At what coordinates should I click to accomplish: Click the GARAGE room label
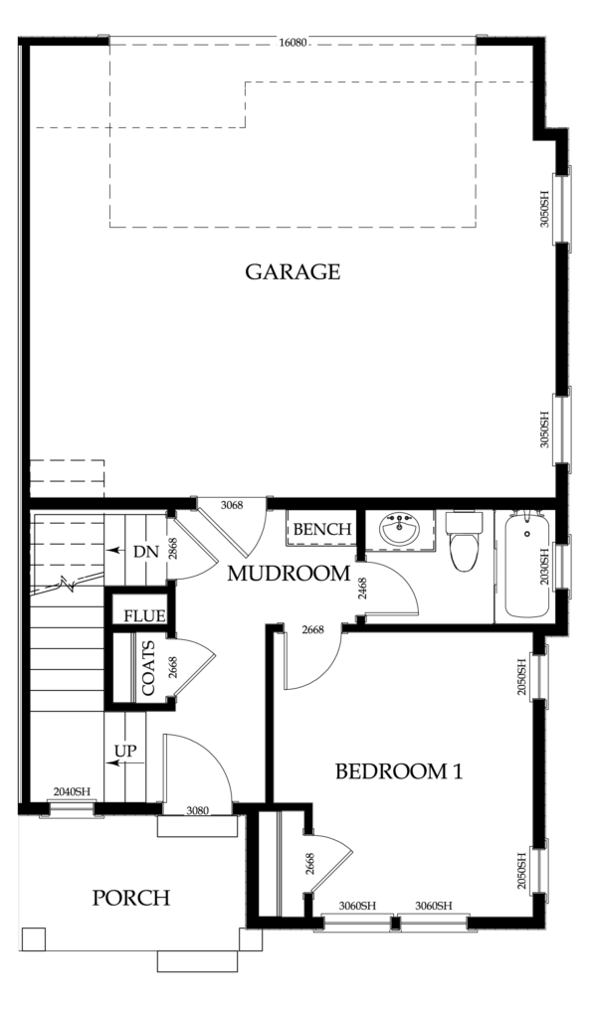click(x=293, y=271)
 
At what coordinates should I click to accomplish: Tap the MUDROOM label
click(x=288, y=574)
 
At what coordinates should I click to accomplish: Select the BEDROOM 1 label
click(x=399, y=771)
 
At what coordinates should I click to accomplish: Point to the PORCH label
click(x=131, y=898)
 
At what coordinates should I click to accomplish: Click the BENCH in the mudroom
click(x=322, y=529)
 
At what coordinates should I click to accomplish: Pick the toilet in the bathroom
click(x=465, y=540)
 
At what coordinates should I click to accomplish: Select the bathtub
click(x=526, y=565)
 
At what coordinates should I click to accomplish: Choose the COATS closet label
click(x=148, y=668)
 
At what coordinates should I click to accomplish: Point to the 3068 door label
click(x=232, y=505)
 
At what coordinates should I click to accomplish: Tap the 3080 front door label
click(x=197, y=811)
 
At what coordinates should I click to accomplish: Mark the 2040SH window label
click(x=72, y=791)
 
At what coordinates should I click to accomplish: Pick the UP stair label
click(x=125, y=752)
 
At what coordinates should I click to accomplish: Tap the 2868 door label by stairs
click(x=172, y=549)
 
